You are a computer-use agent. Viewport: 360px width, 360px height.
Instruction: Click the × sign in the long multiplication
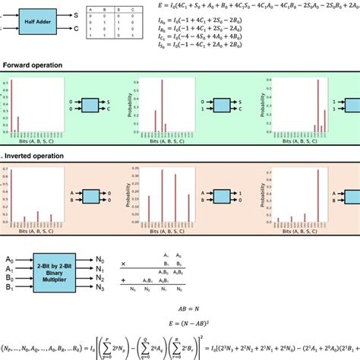coord(123,263)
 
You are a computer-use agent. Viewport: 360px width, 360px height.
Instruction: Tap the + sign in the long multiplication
coord(123,279)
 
